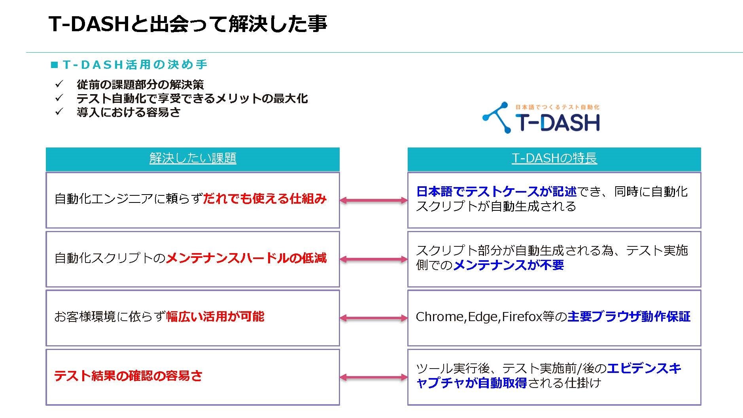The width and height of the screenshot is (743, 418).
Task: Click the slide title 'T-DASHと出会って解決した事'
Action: pos(187,24)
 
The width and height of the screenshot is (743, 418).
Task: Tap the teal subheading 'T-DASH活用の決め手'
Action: pos(134,65)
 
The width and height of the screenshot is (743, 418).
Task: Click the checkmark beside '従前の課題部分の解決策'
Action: pos(59,84)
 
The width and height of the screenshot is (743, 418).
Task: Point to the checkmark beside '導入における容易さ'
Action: pos(59,112)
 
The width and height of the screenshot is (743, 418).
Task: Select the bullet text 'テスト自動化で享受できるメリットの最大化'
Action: pos(192,98)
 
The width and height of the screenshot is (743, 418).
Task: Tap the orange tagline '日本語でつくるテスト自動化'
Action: pos(557,107)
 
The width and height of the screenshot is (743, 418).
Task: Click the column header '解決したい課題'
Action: pos(193,159)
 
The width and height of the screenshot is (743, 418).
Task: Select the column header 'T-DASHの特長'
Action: pos(554,159)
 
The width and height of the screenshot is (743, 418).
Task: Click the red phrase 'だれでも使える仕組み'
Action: pos(265,199)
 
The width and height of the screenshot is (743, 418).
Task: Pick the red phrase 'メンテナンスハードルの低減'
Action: pos(246,258)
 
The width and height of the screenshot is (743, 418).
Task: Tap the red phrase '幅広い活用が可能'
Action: pos(215,317)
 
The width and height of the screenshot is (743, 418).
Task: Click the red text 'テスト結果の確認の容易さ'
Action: pos(128,376)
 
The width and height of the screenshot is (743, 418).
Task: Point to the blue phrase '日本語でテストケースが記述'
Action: pos(496,192)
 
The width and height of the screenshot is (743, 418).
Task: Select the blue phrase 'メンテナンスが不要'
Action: pos(508,265)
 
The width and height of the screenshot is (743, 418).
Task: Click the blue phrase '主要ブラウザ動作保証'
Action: pos(629,317)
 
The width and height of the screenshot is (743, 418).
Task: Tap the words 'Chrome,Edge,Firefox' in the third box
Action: pos(479,317)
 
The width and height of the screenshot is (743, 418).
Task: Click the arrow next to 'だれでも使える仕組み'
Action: pos(373,200)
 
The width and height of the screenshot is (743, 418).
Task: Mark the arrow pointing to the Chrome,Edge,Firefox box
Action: pos(373,318)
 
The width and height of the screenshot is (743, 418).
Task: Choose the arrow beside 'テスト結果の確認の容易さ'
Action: pos(373,377)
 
